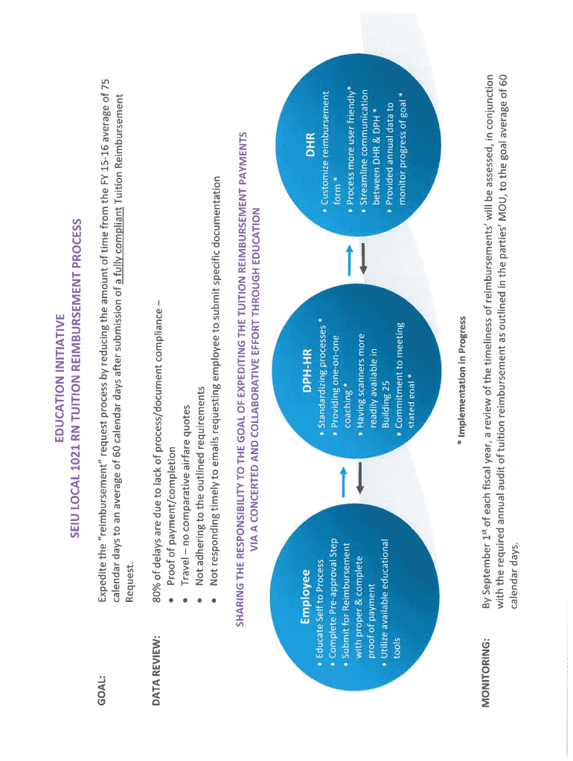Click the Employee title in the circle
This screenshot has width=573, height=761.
pyautogui.click(x=306, y=597)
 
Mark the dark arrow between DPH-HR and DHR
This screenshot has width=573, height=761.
pyautogui.click(x=363, y=260)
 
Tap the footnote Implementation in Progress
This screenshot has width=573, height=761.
pyautogui.click(x=462, y=380)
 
